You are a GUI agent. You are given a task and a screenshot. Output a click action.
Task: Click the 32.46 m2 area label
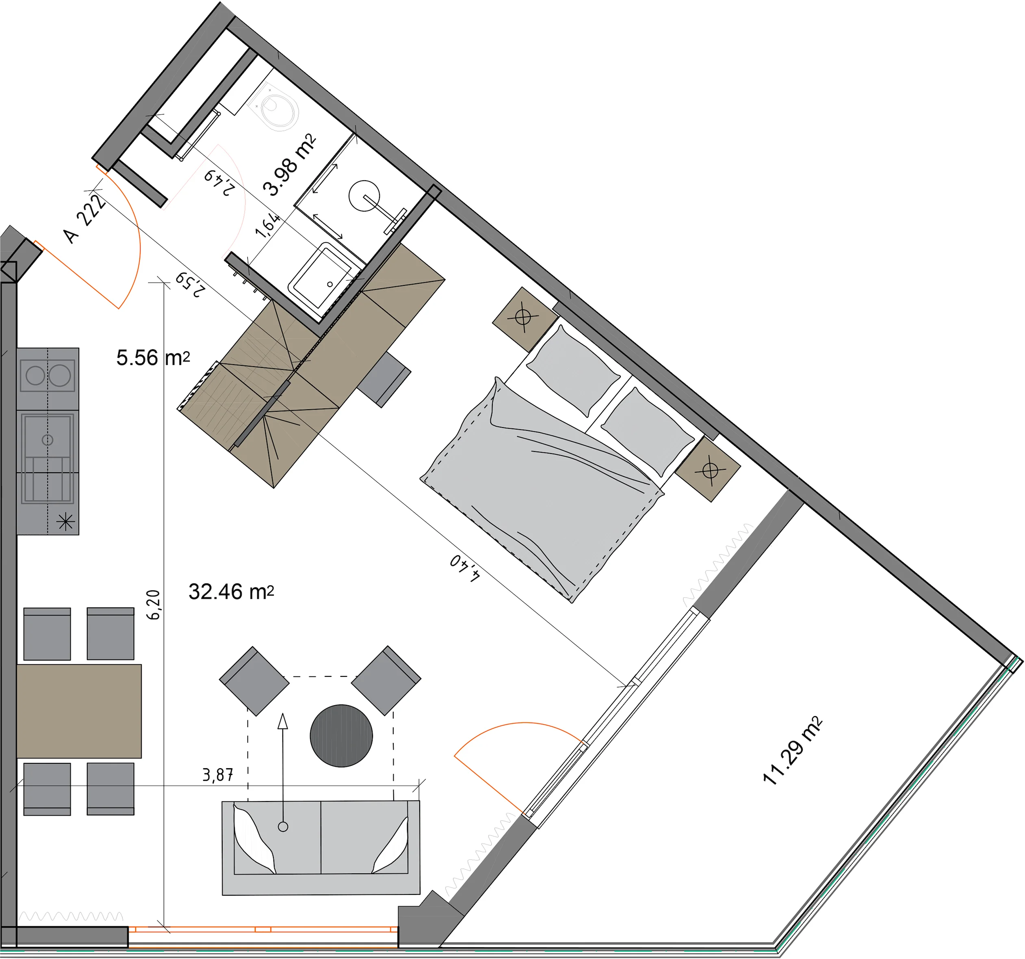pyautogui.click(x=231, y=592)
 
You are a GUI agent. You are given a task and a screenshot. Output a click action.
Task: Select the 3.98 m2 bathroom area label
pyautogui.click(x=289, y=165)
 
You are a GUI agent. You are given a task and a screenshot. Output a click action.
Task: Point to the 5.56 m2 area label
pyautogui.click(x=153, y=358)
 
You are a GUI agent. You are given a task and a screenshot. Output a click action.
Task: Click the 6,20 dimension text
pyautogui.click(x=154, y=605)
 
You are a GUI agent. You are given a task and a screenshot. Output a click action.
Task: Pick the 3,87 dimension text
pyautogui.click(x=218, y=775)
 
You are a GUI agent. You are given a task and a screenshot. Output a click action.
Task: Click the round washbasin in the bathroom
pyautogui.click(x=364, y=196)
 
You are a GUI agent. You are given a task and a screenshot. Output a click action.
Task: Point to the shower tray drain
pyautogui.click(x=330, y=284)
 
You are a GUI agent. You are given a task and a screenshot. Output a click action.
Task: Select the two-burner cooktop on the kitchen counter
pyautogui.click(x=48, y=376)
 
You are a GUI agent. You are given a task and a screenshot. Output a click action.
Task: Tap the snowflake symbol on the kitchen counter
pyautogui.click(x=65, y=522)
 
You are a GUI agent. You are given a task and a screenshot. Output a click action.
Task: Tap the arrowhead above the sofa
pyautogui.click(x=282, y=721)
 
